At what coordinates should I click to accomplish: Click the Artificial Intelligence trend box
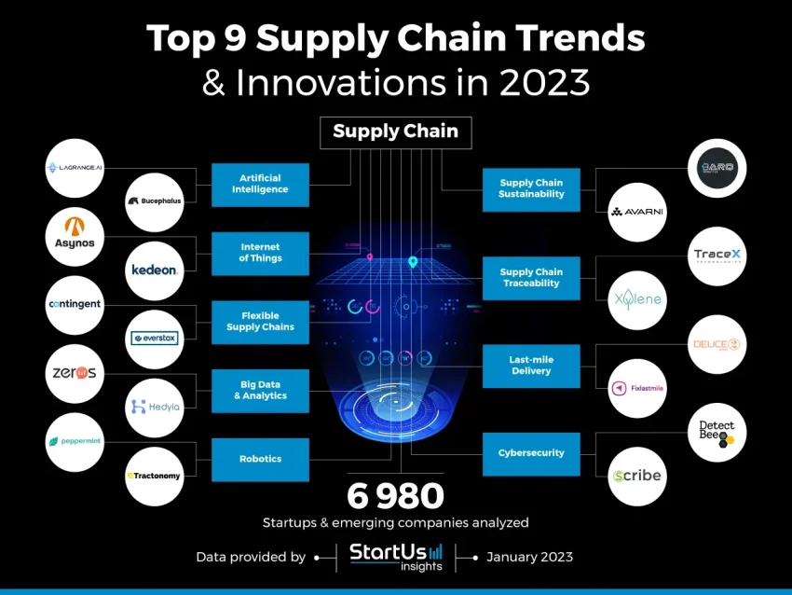(x=260, y=185)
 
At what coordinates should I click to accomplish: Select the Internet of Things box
(x=260, y=253)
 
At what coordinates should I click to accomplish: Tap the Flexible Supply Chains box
(x=260, y=322)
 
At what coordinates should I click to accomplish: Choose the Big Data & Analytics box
(x=260, y=391)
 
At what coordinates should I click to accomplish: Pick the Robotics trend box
(x=260, y=459)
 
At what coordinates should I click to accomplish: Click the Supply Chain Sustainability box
(x=531, y=189)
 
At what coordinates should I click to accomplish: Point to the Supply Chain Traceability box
(x=531, y=278)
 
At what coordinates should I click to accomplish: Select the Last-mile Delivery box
(x=531, y=366)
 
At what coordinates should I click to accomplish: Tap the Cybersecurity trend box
(x=531, y=453)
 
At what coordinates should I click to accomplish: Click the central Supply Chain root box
(x=395, y=131)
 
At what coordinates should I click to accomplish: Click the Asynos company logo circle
(x=75, y=235)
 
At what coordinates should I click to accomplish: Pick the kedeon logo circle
(x=154, y=270)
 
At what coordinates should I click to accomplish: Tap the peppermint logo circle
(x=75, y=441)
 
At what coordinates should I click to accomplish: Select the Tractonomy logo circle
(x=154, y=476)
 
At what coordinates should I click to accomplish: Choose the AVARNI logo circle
(x=637, y=212)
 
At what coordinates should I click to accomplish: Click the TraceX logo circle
(x=717, y=254)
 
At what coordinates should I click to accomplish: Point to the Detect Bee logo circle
(x=717, y=432)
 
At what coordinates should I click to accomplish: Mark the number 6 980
(x=396, y=495)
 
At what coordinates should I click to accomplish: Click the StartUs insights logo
(x=396, y=556)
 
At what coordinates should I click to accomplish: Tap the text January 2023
(x=529, y=557)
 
